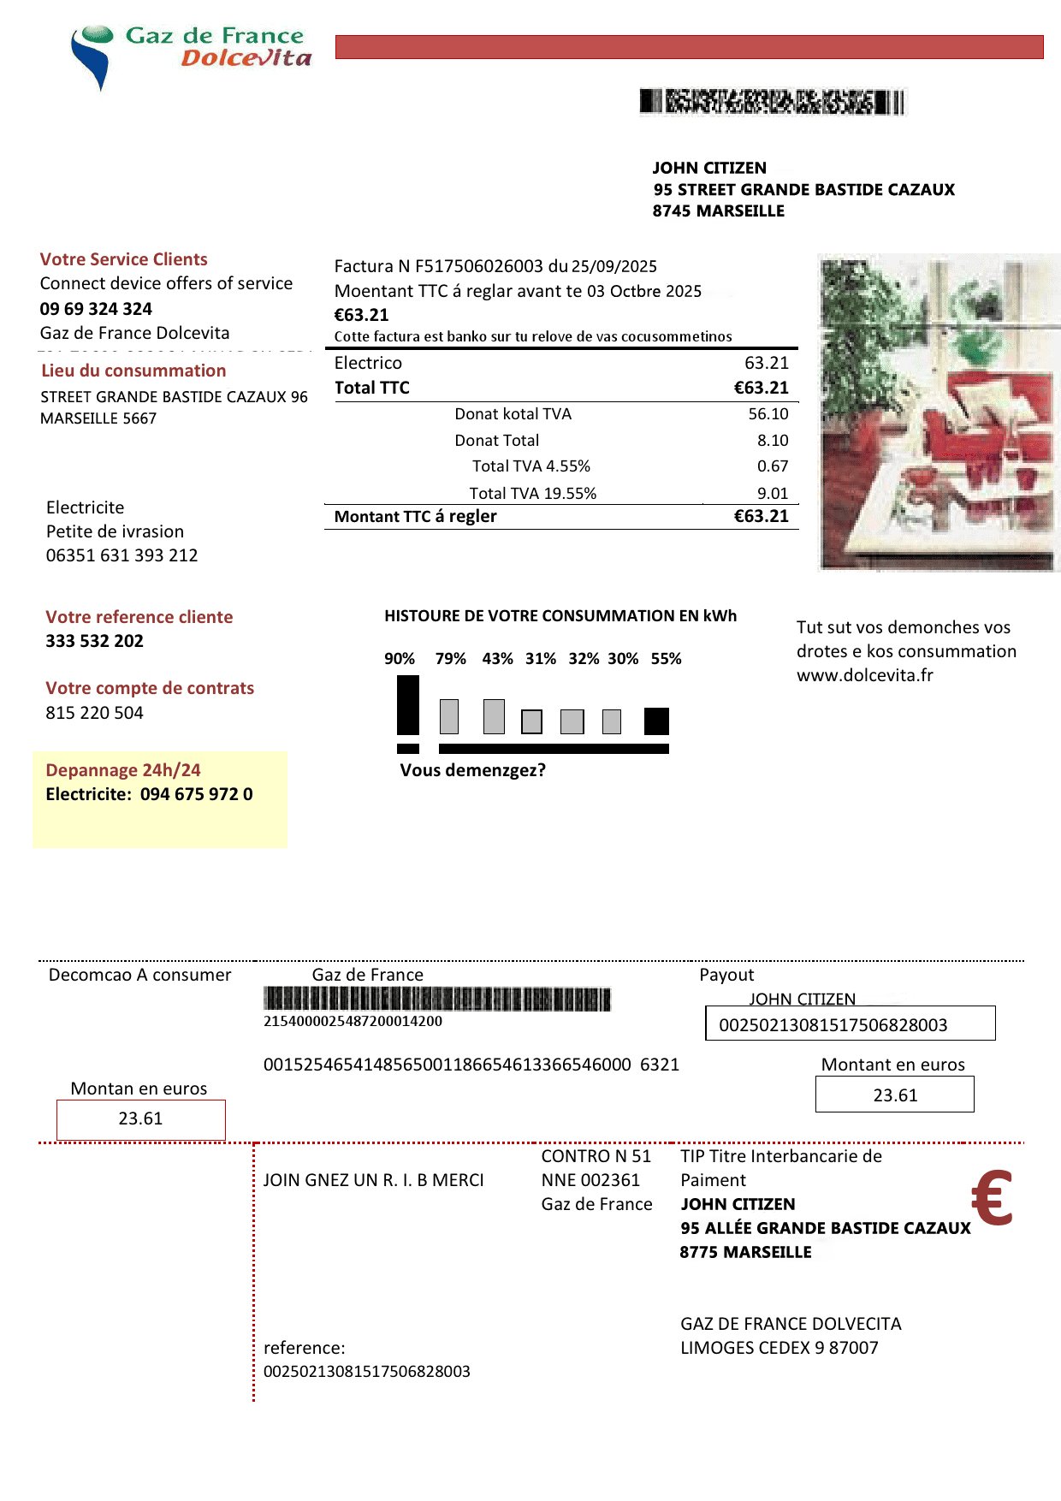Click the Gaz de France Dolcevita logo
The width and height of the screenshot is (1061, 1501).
point(190,53)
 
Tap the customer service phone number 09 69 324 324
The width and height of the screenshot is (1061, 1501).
point(96,309)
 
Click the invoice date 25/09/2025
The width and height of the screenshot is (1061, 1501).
point(613,266)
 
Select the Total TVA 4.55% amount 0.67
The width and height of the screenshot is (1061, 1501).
point(772,466)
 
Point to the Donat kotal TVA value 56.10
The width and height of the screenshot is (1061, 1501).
point(768,414)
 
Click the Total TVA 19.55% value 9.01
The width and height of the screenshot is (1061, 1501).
point(772,494)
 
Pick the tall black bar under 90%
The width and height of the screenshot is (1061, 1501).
point(408,704)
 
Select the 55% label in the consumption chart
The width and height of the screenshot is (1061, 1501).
point(666,659)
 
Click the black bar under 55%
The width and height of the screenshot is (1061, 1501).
point(656,721)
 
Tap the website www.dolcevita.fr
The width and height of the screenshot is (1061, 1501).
point(864,675)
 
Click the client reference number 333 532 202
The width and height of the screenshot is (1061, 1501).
point(94,641)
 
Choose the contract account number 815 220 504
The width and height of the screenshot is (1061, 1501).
point(94,713)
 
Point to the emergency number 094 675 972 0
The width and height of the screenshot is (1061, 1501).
point(196,794)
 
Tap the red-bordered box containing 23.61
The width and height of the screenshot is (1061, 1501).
point(140,1119)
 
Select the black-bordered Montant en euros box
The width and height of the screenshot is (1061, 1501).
point(894,1095)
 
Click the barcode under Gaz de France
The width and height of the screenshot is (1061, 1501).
point(436,1000)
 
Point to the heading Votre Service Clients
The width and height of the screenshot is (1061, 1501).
point(123,259)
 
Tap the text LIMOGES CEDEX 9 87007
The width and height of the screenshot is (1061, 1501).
point(779,1348)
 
